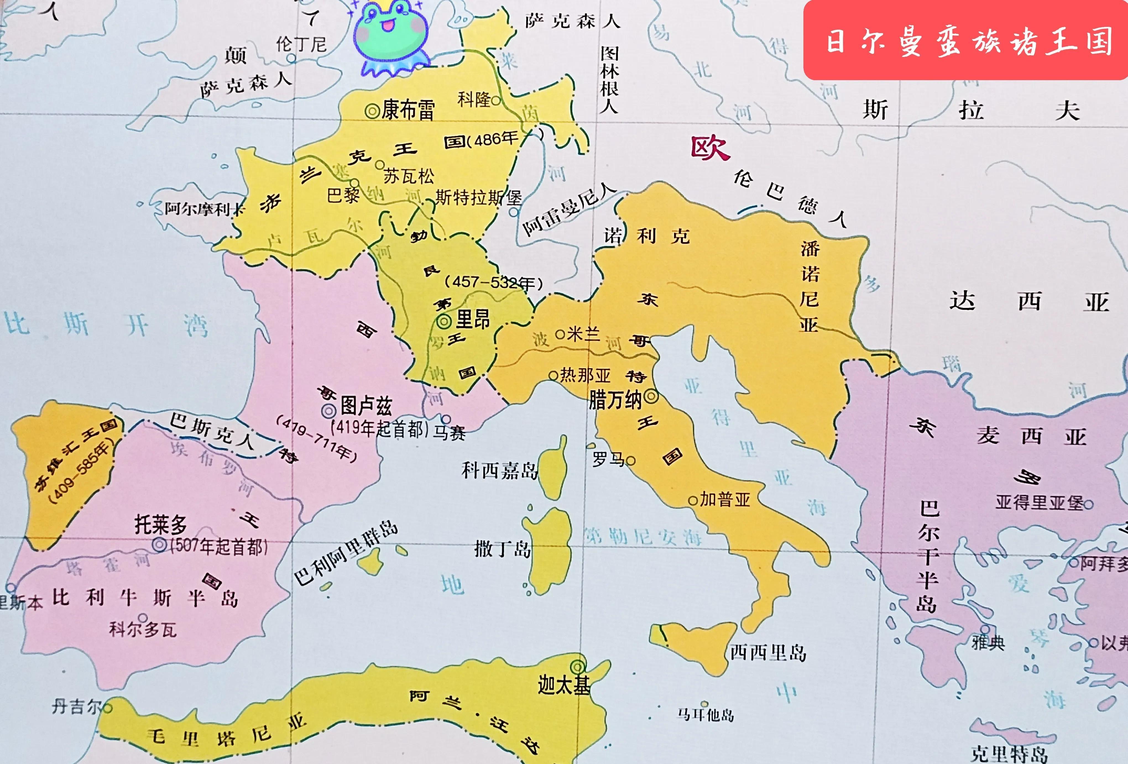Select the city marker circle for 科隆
[495, 101]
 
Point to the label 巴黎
[342, 196]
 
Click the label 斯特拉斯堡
[478, 198]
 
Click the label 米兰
[584, 334]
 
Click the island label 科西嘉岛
[500, 470]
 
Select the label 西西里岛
[768, 653]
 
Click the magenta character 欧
[710, 148]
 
